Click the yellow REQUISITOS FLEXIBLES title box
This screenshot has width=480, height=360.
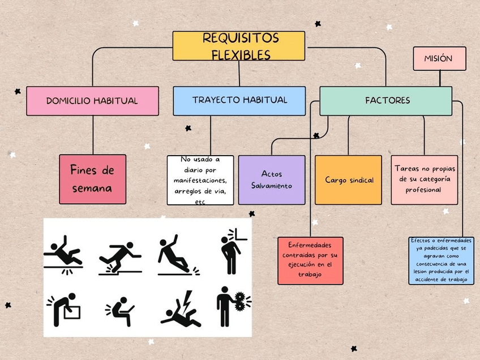click(x=238, y=46)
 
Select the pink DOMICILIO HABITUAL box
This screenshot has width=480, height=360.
click(x=92, y=101)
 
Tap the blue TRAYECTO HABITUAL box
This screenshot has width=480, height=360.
click(x=239, y=101)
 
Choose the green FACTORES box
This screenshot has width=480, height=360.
click(x=385, y=101)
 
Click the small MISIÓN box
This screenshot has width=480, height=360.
click(x=439, y=59)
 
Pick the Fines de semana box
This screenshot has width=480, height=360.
click(x=93, y=179)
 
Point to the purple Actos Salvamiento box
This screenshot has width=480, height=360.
click(x=272, y=179)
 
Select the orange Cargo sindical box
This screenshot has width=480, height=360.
click(x=348, y=179)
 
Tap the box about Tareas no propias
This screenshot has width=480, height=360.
click(x=424, y=179)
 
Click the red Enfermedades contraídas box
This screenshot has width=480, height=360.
click(x=310, y=260)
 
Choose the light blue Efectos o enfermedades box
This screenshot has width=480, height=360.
click(x=442, y=260)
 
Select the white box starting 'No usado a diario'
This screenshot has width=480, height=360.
click(x=200, y=180)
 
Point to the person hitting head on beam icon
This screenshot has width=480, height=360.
click(x=232, y=249)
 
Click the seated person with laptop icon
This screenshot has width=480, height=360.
click(x=120, y=310)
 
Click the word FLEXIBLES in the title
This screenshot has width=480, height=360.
click(x=241, y=54)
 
